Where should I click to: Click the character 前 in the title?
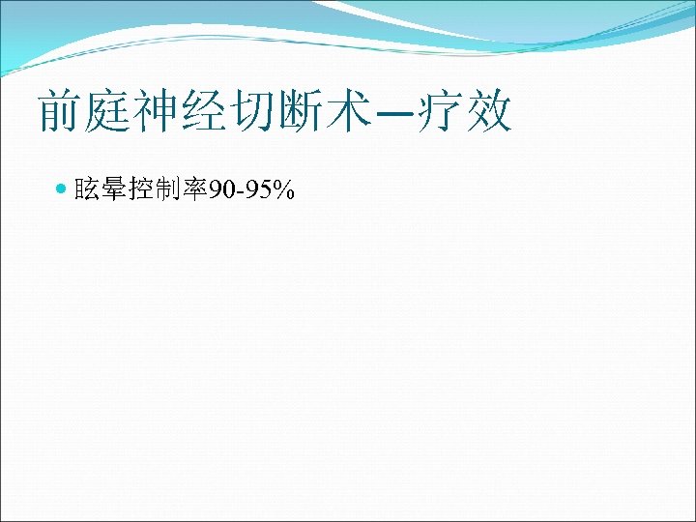tap(59, 112)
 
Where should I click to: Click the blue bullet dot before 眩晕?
tap(63, 190)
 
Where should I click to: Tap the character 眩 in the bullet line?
tap(86, 191)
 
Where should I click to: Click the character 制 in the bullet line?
tap(168, 191)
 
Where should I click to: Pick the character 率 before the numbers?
tap(195, 191)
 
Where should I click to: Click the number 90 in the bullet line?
tap(221, 191)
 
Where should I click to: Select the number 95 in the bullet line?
tap(255, 191)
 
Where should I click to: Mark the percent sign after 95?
tap(282, 191)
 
